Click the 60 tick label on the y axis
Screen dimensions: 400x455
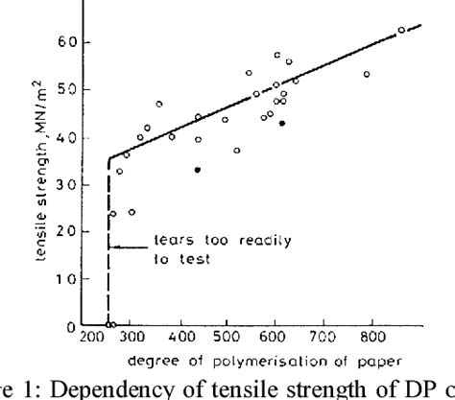tap(63, 43)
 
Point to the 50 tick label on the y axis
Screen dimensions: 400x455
tap(63, 90)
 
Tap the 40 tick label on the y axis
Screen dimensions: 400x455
tap(63, 137)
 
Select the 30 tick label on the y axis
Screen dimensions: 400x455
tap(63, 185)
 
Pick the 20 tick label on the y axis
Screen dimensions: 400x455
tap(63, 232)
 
